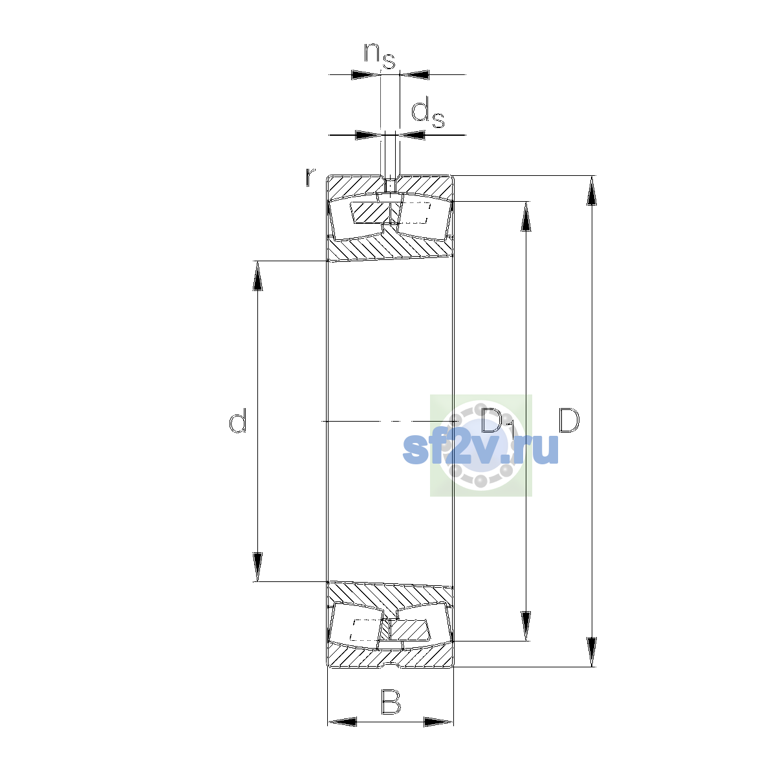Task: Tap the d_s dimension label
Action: click(x=427, y=114)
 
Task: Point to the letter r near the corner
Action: click(x=310, y=177)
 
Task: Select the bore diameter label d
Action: click(x=237, y=420)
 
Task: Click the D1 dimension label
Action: click(x=498, y=423)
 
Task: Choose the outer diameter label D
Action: click(x=568, y=420)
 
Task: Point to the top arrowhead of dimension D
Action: click(x=591, y=191)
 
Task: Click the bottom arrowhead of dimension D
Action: click(x=591, y=652)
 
